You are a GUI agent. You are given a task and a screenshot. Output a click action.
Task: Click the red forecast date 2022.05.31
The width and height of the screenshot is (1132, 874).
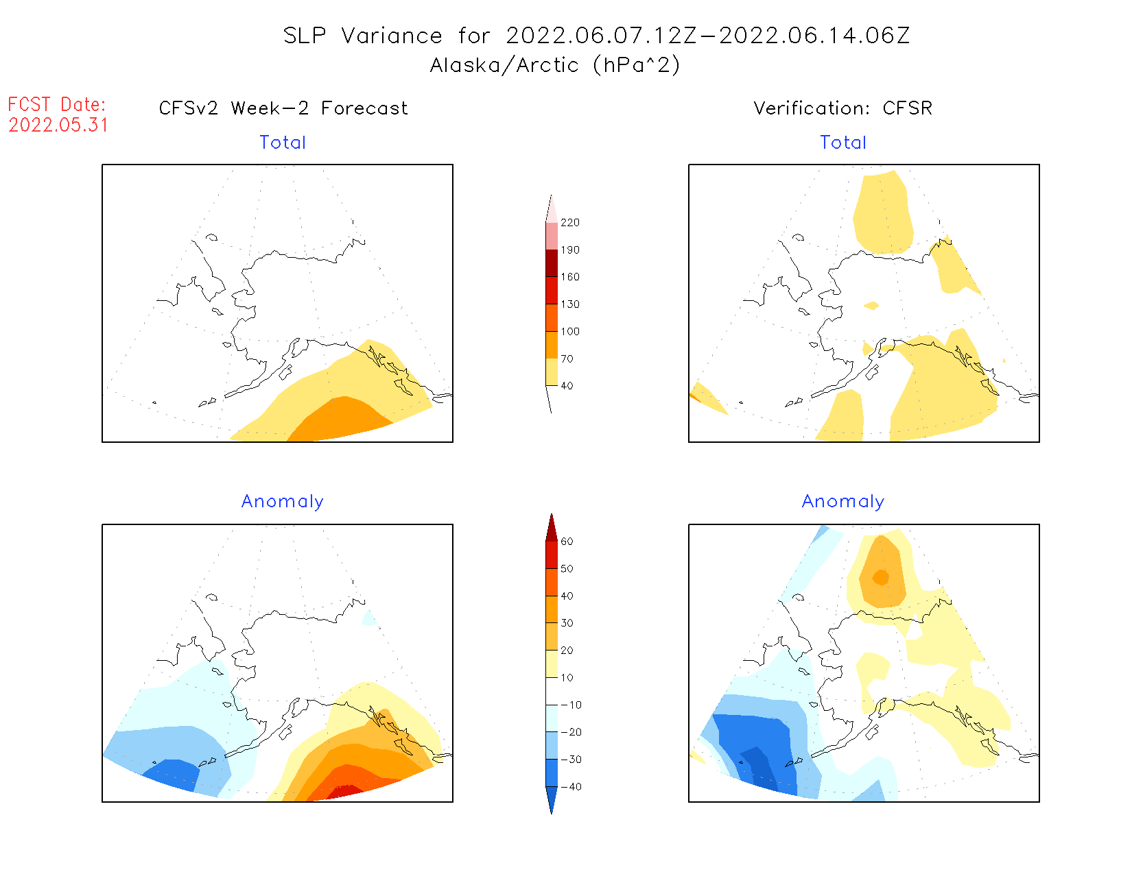(58, 125)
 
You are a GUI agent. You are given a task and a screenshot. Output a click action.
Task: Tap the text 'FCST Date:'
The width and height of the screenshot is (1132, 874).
(57, 105)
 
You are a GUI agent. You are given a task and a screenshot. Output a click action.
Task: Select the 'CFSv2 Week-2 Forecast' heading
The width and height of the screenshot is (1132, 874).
(283, 108)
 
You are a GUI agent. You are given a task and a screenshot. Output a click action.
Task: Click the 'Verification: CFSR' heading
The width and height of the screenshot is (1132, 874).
(842, 108)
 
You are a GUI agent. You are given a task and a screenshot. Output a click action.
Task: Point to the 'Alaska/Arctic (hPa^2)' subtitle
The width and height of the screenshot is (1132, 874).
(555, 65)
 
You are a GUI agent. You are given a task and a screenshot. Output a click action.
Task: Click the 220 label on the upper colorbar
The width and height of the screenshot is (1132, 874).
(569, 223)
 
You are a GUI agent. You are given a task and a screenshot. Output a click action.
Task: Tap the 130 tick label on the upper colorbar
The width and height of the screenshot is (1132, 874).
(569, 304)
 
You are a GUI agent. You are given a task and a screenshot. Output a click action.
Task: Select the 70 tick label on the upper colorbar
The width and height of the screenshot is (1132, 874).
(567, 359)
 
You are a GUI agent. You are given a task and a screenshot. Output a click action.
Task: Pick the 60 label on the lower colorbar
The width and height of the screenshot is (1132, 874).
(567, 542)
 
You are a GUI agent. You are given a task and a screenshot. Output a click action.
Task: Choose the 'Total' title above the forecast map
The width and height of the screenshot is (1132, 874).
(283, 143)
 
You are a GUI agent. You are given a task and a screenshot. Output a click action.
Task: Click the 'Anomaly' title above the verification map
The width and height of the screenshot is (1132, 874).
(843, 502)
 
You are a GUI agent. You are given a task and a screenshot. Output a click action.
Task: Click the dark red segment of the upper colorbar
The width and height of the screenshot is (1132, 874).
(552, 263)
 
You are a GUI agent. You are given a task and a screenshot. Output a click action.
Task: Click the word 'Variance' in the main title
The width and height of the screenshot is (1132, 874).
(392, 36)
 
